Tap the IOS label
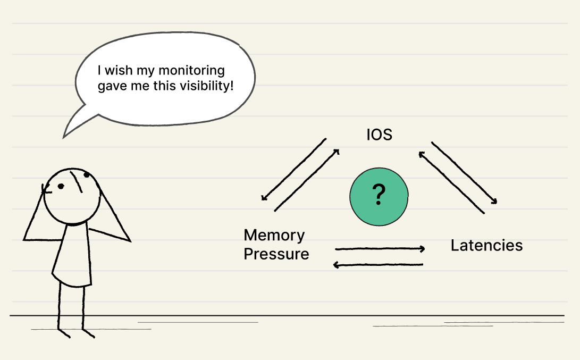coord(379,135)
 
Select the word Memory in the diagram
coord(274,235)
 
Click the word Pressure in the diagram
coord(276,254)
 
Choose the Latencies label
coord(486,246)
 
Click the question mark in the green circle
coord(379,195)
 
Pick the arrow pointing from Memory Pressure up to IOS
coord(307,180)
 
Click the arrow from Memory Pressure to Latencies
coord(380,248)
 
